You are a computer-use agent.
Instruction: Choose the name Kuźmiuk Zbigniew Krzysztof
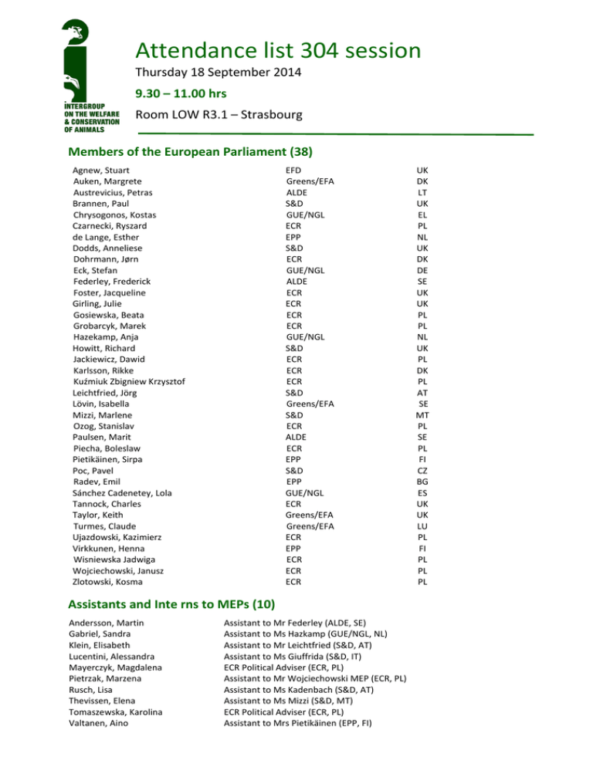(128, 381)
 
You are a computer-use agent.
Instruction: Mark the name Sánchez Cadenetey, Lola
(122, 492)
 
